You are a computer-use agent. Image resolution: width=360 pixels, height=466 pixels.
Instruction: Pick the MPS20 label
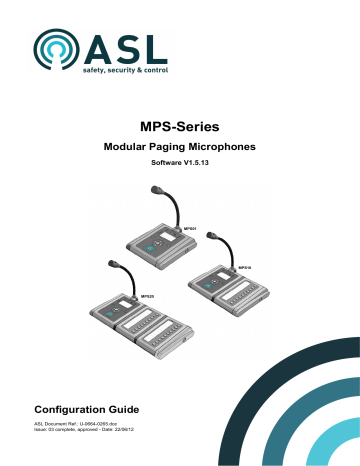point(146,297)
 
